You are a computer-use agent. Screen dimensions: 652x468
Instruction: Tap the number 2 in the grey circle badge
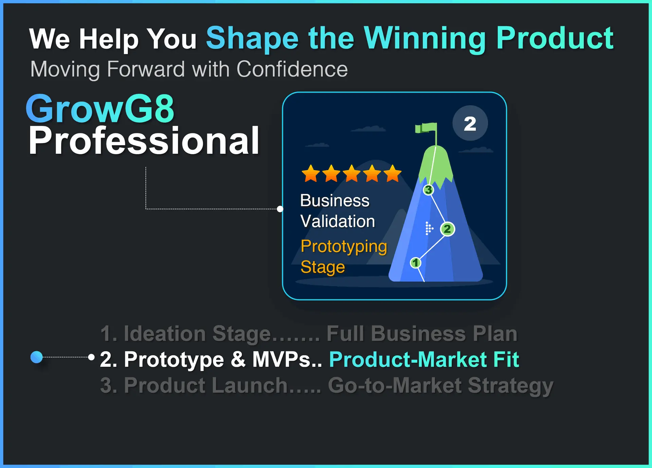click(x=470, y=124)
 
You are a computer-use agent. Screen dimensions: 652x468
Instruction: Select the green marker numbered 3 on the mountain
click(x=429, y=190)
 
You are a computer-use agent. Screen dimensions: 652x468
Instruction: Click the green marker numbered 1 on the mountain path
click(x=415, y=263)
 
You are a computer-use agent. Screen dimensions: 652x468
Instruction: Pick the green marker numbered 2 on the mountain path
click(x=448, y=229)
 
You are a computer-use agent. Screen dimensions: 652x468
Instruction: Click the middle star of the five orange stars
click(x=352, y=173)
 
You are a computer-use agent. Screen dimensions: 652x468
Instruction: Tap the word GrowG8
click(x=100, y=109)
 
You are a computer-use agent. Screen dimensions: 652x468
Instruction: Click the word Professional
click(x=144, y=141)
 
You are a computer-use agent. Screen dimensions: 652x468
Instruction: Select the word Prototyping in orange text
click(x=344, y=247)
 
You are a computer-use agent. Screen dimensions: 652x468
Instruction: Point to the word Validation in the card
click(x=338, y=221)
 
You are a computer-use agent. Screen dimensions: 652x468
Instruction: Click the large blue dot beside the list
click(x=37, y=357)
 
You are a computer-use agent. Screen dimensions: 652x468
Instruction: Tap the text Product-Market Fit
click(x=424, y=359)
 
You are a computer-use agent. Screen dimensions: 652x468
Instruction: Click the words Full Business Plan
click(x=422, y=334)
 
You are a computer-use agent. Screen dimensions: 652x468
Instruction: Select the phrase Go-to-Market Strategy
click(x=440, y=386)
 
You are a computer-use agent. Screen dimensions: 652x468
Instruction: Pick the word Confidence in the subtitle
click(x=292, y=69)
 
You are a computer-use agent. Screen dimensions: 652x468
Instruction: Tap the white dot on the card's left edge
click(x=280, y=209)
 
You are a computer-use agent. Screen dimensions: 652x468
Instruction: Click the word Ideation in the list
click(x=164, y=334)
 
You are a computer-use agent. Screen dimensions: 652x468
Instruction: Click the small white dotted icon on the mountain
click(x=429, y=228)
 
